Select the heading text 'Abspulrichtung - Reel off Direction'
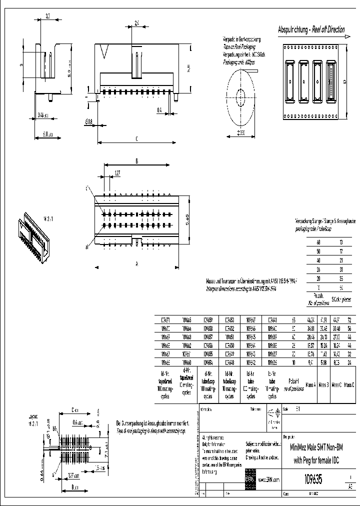point(311,29)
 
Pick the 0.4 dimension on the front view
point(159,109)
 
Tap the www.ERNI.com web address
point(268,479)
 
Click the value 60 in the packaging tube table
point(318,242)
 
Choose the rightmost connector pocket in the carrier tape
point(330,81)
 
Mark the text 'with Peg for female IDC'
point(316,460)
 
